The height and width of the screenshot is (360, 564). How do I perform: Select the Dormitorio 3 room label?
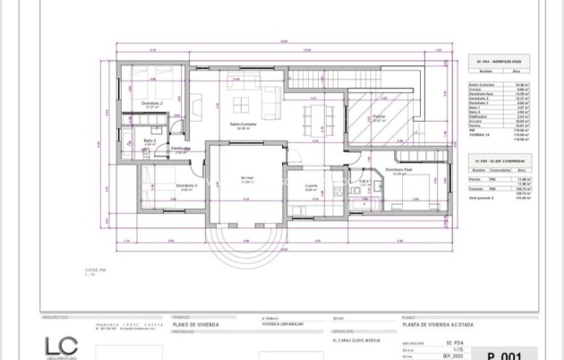pos(163,186)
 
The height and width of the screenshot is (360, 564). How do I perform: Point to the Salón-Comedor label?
pos(242,124)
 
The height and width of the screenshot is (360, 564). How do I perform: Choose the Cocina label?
pos(312,187)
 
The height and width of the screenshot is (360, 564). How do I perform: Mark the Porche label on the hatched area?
pos(380,117)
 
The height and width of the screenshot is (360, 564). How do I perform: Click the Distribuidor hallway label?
pos(182,149)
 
